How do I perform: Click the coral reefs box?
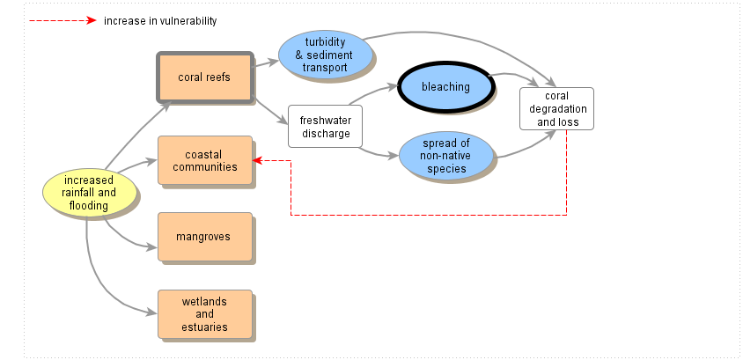click(x=204, y=77)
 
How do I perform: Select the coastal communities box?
click(x=204, y=160)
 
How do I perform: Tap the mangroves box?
click(x=204, y=237)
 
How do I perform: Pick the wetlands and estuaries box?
click(x=204, y=314)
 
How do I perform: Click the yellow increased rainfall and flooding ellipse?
click(x=89, y=193)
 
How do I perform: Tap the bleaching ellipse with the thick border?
click(x=445, y=87)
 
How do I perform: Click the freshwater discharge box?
click(x=325, y=127)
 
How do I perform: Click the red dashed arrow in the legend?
click(x=62, y=20)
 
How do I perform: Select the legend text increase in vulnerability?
click(x=159, y=20)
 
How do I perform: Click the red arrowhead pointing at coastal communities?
click(x=257, y=160)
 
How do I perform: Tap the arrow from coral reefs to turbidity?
click(x=266, y=62)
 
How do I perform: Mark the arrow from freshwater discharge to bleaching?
click(x=374, y=95)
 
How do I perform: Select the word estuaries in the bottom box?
click(x=204, y=327)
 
